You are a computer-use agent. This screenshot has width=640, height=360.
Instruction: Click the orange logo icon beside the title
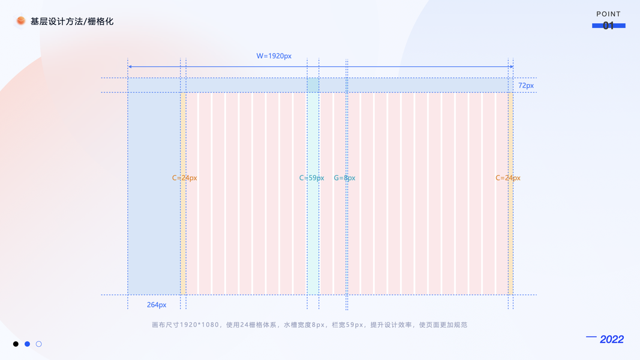[x=21, y=21]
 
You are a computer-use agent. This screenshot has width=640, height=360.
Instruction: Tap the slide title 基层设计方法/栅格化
[x=72, y=22]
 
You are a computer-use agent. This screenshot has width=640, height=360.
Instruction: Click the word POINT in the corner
[x=608, y=14]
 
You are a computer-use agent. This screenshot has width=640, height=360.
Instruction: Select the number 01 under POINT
[x=608, y=26]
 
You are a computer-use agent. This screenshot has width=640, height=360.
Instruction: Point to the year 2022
[x=612, y=340]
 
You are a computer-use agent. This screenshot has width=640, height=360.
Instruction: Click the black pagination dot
[x=16, y=344]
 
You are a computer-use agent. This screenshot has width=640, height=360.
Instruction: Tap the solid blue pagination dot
[x=27, y=344]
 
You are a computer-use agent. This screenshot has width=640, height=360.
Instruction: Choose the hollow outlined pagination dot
[x=39, y=344]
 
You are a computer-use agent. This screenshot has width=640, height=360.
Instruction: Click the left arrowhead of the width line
[x=130, y=67]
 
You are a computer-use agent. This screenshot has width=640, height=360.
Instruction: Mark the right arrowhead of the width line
[x=511, y=67]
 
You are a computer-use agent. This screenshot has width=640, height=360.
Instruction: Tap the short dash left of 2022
[x=591, y=337]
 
